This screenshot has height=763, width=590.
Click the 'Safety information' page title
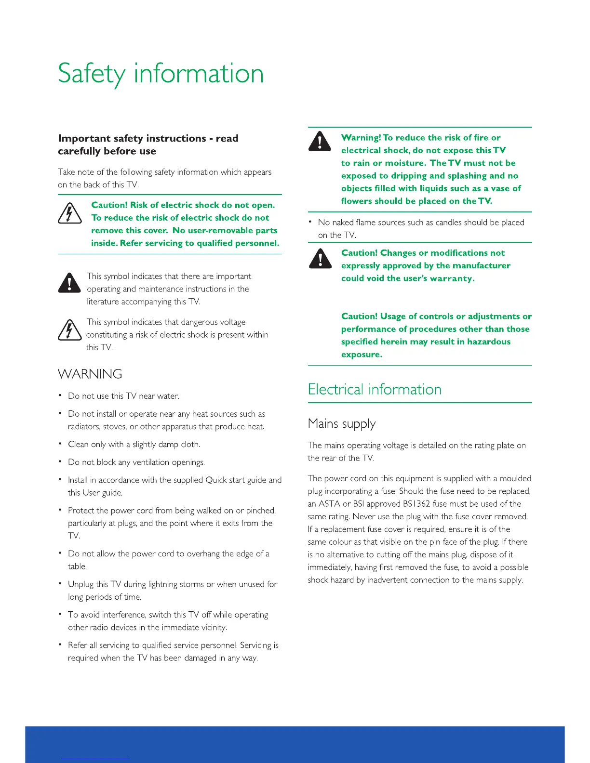pyautogui.click(x=161, y=74)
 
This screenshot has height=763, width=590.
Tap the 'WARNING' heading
pyautogui.click(x=90, y=374)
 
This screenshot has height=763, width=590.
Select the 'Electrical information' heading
pyautogui.click(x=375, y=389)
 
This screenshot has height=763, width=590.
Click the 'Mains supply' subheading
pyautogui.click(x=341, y=424)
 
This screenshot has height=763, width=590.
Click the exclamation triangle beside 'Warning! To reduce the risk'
pyautogui.click(x=320, y=141)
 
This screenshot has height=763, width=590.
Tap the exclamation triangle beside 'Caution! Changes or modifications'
pyautogui.click(x=320, y=258)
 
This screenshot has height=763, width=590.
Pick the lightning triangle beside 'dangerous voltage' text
pyautogui.click(x=70, y=330)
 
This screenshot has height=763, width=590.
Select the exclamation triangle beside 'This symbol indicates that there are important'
pyautogui.click(x=69, y=283)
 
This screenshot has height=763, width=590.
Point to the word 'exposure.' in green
pyautogui.click(x=362, y=355)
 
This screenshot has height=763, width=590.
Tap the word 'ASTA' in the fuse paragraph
pyautogui.click(x=330, y=504)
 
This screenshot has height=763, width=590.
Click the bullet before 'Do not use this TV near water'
pyautogui.click(x=60, y=395)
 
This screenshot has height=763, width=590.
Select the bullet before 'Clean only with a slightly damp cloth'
pyautogui.click(x=60, y=444)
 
